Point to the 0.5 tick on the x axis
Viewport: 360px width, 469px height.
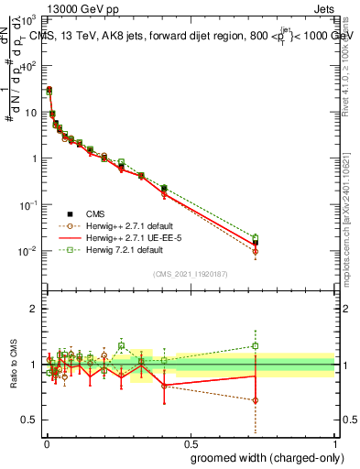190,442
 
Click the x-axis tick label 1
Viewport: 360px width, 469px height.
335,442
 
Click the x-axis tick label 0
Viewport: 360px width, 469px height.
46,442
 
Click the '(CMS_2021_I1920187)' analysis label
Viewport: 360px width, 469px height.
190,273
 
